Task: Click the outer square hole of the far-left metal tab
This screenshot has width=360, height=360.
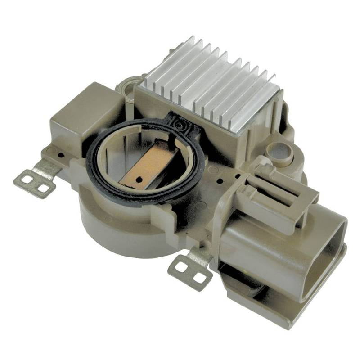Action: point(26,180)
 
